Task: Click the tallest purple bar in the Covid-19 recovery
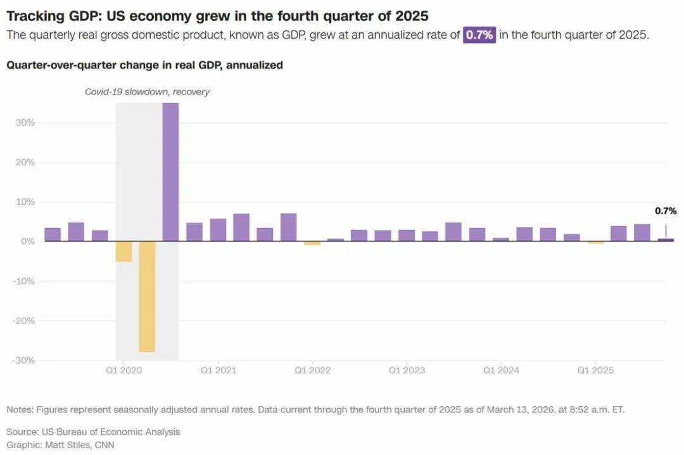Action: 170,172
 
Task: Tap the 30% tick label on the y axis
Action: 25,122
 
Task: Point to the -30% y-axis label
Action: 24,360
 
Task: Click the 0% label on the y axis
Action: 28,241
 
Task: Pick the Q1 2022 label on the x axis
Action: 312,370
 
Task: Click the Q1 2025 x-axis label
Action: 595,370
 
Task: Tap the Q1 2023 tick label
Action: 407,370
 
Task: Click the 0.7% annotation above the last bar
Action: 665,211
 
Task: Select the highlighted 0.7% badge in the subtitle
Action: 479,35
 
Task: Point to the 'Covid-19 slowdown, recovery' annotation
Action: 147,92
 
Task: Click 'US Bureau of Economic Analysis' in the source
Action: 111,432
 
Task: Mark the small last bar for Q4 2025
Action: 666,240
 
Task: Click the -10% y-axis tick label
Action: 24,281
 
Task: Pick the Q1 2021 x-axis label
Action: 218,370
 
